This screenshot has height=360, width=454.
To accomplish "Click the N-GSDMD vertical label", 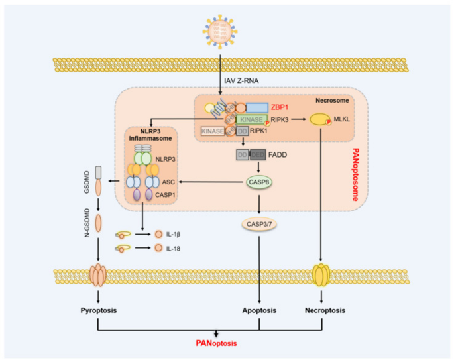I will pos(85,223).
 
